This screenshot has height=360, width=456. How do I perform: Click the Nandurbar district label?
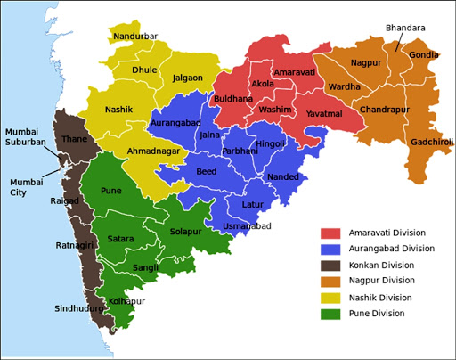click(135, 37)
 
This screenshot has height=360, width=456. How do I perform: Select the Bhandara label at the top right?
click(405, 29)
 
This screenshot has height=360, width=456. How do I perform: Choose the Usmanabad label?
click(246, 227)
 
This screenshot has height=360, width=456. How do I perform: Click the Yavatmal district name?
click(323, 114)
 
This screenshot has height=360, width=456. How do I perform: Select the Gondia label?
click(423, 55)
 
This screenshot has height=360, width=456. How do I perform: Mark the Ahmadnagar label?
click(152, 151)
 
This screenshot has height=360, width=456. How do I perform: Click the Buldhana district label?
click(232, 99)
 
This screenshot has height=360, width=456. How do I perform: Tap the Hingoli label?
click(270, 143)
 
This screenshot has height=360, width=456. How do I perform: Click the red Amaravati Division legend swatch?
click(331, 233)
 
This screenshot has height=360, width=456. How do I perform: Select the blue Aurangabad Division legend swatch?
click(331, 249)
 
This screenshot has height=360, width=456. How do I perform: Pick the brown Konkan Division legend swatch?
click(331, 265)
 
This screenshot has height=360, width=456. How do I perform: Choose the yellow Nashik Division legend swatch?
click(331, 297)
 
